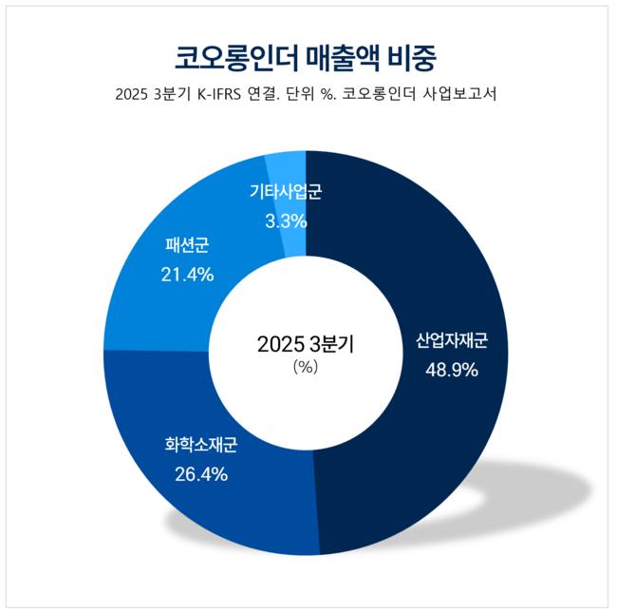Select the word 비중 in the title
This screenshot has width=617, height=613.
[412, 59]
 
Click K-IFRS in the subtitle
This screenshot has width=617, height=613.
[218, 94]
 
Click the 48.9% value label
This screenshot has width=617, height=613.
[452, 371]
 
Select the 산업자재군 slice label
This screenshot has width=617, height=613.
[452, 341]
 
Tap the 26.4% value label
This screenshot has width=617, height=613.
[201, 474]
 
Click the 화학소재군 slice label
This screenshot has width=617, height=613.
[201, 445]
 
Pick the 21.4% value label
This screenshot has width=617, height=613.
[187, 275]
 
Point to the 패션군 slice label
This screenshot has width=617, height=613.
[187, 245]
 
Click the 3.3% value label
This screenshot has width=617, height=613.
[286, 221]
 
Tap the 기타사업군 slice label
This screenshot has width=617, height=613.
[286, 192]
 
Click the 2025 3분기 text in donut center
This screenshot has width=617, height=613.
[306, 344]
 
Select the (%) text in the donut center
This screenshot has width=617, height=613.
[306, 368]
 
